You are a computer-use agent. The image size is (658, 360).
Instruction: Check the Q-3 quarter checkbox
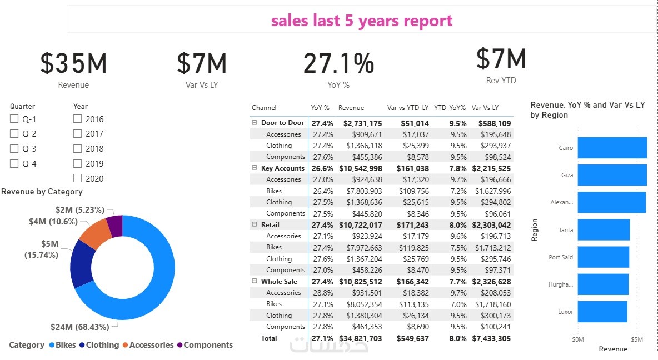pos(14,149)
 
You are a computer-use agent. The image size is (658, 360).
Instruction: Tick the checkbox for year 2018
pos(78,149)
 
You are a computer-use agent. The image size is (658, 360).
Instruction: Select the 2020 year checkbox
pos(78,178)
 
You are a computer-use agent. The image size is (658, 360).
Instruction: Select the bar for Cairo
pos(612,148)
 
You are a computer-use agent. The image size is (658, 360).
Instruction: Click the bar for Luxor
pos(602,312)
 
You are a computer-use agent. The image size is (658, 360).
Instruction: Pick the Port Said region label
pos(561,257)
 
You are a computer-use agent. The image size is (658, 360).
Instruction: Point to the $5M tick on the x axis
pos(636,339)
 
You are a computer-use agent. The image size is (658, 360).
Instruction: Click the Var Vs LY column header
pos(485,108)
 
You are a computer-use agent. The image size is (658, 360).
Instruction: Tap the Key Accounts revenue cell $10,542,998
pos(361,168)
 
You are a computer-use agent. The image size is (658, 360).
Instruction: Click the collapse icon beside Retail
pos(255,225)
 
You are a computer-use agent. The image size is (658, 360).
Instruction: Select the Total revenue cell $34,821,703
pos(361,338)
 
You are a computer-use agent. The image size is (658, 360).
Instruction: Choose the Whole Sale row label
pos(279,282)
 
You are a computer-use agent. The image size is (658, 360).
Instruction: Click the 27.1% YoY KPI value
pos(338,63)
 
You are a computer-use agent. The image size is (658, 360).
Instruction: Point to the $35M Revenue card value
pos(73,63)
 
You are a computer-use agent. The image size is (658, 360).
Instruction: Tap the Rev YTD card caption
pos(501,81)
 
